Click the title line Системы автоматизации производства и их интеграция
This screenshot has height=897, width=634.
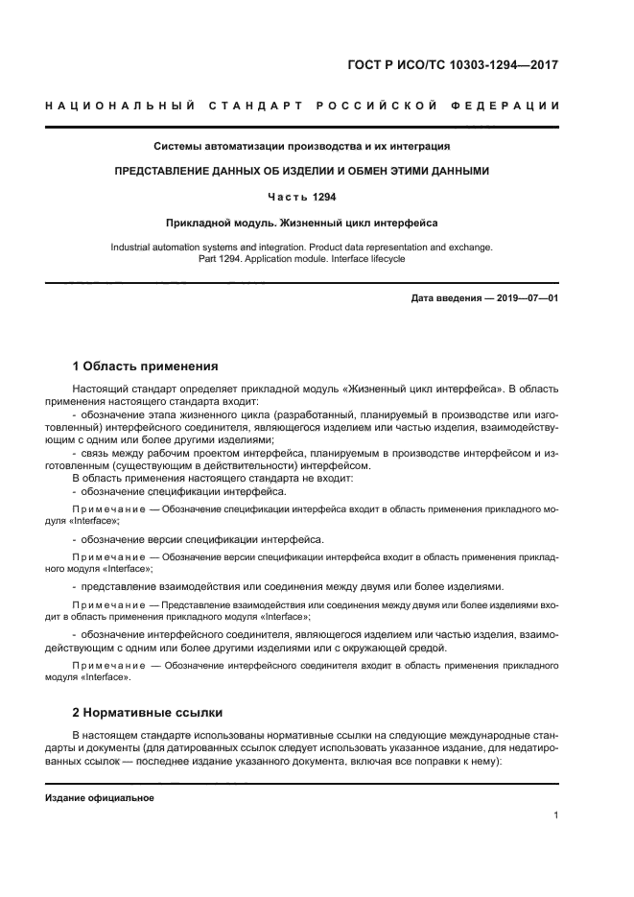[x=302, y=147]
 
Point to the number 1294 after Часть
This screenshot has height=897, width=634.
[x=322, y=196]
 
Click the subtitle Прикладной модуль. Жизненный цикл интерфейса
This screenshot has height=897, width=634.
[x=302, y=223]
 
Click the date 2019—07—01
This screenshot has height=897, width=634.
[x=526, y=298]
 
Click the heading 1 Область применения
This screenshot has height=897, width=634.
[x=146, y=366]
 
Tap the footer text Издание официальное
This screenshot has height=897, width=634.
[x=100, y=798]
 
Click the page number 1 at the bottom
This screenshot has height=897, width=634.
[x=556, y=815]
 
